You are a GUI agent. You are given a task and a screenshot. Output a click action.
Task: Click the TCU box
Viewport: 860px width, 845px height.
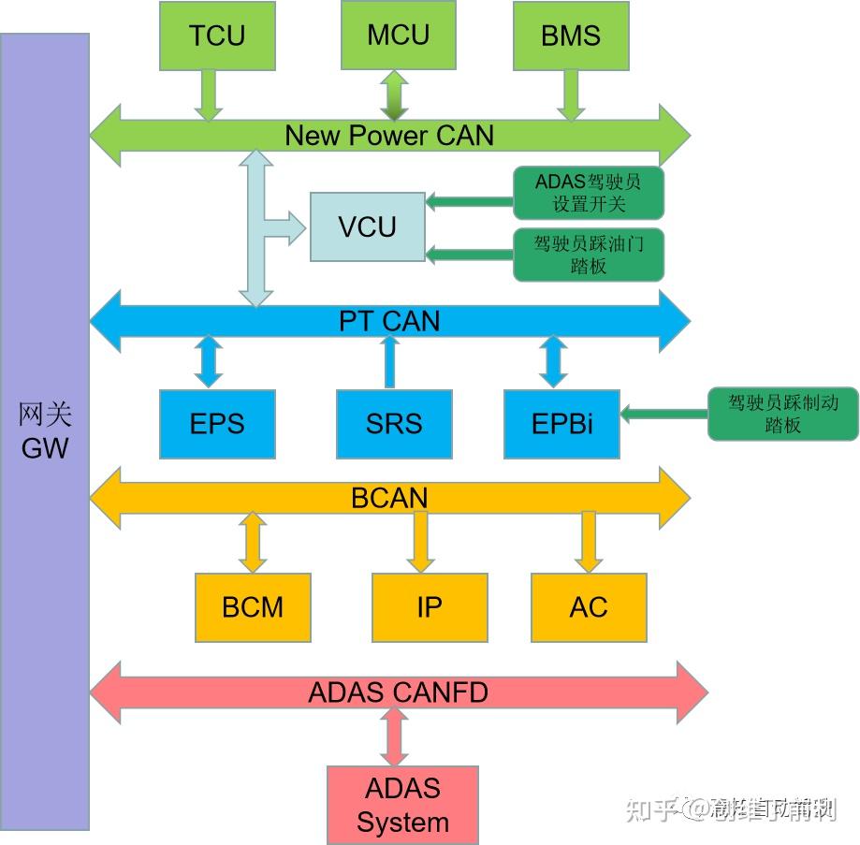pos(217,36)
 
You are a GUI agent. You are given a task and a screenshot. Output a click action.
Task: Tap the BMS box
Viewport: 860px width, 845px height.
pos(570,36)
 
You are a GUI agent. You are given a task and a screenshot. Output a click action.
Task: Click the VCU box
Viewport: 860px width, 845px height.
pos(367,226)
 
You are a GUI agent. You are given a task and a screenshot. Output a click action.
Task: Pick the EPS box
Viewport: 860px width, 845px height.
pos(217,424)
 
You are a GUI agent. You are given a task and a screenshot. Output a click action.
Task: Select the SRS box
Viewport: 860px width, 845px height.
pos(394,424)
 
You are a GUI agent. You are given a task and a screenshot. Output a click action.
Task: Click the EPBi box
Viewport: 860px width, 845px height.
pos(561,424)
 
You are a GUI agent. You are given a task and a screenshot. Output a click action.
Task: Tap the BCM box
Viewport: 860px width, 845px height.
pos(253,607)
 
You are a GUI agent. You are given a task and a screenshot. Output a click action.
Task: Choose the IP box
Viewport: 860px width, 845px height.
pos(430,607)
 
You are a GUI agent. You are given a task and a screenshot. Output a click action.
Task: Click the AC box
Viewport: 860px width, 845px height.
pos(589,607)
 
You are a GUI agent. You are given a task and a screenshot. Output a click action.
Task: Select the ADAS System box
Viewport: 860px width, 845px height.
pos(402,805)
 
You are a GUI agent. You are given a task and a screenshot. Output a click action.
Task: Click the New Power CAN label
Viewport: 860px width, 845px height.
pos(388,136)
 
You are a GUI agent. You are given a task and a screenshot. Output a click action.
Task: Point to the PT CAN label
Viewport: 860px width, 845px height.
pos(388,321)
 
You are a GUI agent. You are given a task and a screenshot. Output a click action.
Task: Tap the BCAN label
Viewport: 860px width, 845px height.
pos(389,497)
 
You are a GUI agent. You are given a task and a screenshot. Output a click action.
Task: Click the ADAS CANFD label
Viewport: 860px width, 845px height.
pos(398,692)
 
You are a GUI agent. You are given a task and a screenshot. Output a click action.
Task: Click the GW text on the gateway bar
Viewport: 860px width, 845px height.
pos(45,447)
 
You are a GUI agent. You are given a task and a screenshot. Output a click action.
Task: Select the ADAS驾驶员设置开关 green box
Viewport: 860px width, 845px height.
pos(589,192)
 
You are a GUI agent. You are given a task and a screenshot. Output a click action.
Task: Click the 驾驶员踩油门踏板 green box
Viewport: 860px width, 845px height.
pos(589,255)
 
